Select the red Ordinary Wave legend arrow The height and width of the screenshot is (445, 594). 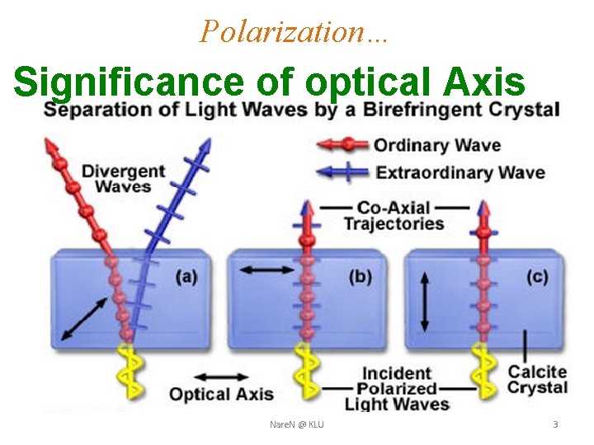342,145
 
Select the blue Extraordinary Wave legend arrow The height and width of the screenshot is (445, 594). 342,171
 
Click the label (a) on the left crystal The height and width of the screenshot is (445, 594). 186,277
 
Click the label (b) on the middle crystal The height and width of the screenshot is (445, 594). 360,277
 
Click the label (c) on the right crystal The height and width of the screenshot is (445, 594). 536,277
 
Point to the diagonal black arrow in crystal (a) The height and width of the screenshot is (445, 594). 83,319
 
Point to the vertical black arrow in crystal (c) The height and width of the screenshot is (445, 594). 426,302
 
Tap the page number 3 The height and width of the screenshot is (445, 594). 554,424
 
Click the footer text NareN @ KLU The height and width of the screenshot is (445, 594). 296,424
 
